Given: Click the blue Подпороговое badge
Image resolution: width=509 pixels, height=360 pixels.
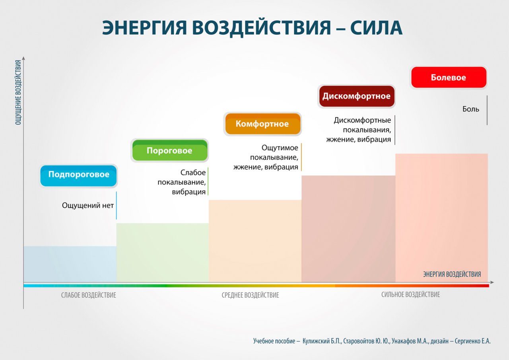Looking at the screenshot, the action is pos(78,176).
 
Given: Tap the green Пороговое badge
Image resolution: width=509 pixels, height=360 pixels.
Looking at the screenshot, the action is pos(170,150).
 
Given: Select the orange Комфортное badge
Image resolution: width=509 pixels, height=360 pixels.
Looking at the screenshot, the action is pos(263,124).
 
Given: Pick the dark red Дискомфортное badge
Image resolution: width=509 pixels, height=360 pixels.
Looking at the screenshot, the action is pos(357,96).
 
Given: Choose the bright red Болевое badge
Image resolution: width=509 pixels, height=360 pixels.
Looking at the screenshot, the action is pos(449,77).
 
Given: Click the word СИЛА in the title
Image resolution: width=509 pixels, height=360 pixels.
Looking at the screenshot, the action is pos(376,28).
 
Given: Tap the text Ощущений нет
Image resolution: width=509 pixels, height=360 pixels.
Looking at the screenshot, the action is pos(88,205).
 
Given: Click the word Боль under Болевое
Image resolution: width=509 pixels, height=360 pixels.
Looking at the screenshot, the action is pos(471,109).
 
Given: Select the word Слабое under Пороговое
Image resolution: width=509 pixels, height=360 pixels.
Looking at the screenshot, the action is pos(193,173).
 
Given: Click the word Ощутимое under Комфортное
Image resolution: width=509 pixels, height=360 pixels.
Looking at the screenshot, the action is pos(280,148).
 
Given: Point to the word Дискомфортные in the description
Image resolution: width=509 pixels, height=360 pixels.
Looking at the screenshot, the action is pos(362,120).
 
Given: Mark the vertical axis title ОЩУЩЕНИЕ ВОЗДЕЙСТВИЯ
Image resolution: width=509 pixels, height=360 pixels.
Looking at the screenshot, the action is pos(18,92).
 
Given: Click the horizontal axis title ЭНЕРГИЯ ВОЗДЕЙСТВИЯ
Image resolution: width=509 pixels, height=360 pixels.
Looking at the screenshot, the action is pos(452,274).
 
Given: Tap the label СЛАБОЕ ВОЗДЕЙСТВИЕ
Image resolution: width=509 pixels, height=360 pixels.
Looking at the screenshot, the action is pos(89,295).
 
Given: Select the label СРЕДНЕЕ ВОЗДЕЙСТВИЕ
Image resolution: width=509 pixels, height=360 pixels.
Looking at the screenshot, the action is pos(251,295).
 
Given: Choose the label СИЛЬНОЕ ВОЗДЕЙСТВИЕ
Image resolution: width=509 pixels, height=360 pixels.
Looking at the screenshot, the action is pos(411,294).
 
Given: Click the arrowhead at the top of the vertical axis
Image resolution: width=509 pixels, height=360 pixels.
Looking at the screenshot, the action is pos(23,58).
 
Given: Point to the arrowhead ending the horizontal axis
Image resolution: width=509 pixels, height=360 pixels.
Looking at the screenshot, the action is pos(492,282).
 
